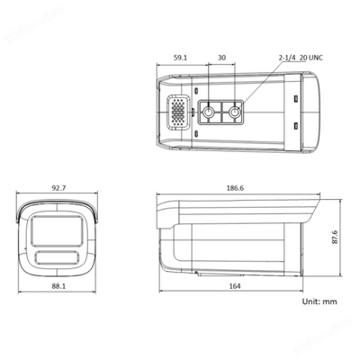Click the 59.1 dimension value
pyautogui.click(x=180, y=58)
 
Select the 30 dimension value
pyautogui.click(x=221, y=58)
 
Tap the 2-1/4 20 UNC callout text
pyautogui.click(x=301, y=58)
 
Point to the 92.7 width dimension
pyautogui.click(x=58, y=188)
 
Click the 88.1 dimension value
pyautogui.click(x=58, y=286)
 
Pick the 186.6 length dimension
pyautogui.click(x=235, y=188)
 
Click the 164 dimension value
pyautogui.click(x=235, y=286)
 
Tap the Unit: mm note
pyautogui.click(x=319, y=301)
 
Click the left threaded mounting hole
pyautogui.click(x=208, y=112)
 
